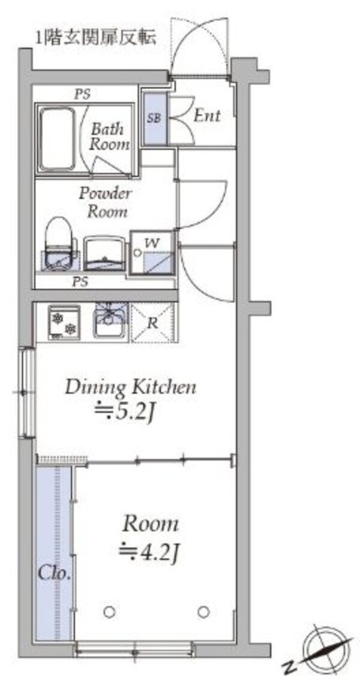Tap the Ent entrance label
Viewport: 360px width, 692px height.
coord(207,116)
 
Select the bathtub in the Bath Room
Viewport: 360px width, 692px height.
coord(56,140)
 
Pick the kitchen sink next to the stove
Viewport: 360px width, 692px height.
coord(110,320)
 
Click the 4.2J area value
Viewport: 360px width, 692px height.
coord(151,549)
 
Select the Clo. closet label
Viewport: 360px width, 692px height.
coord(54,574)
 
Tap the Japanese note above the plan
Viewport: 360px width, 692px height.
coord(96,38)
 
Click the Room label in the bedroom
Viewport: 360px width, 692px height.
coord(151,525)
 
